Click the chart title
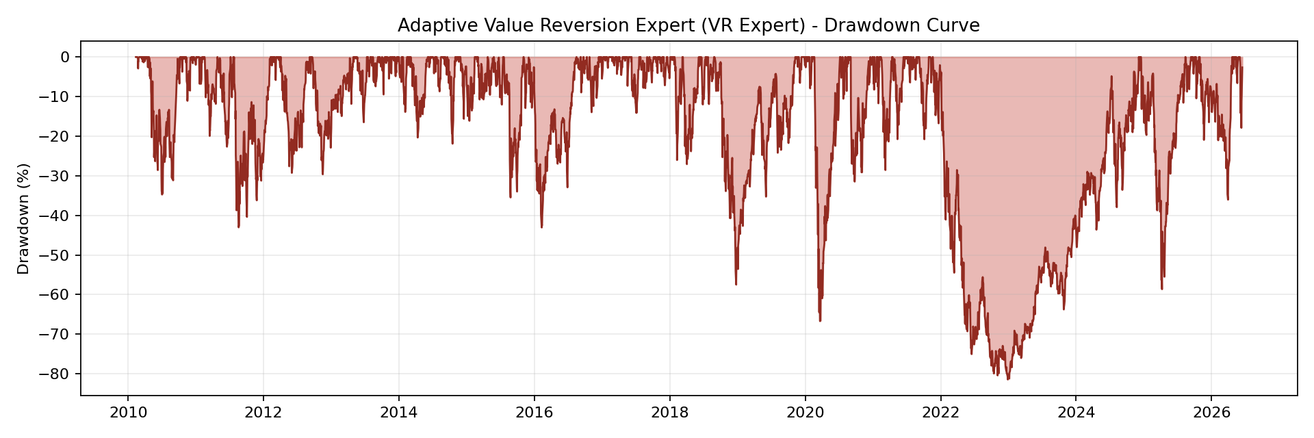click(688, 26)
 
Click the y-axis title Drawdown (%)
click(24, 219)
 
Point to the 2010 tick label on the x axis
click(127, 413)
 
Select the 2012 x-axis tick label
click(263, 413)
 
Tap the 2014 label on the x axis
click(398, 413)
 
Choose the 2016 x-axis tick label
click(534, 413)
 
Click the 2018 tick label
click(670, 413)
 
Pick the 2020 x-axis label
click(806, 413)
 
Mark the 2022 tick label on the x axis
click(941, 413)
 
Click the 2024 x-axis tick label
click(1076, 413)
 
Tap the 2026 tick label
click(1211, 413)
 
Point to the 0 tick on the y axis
click(65, 57)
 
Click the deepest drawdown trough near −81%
click(1007, 379)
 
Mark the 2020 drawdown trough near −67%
click(820, 321)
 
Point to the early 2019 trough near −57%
click(736, 284)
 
